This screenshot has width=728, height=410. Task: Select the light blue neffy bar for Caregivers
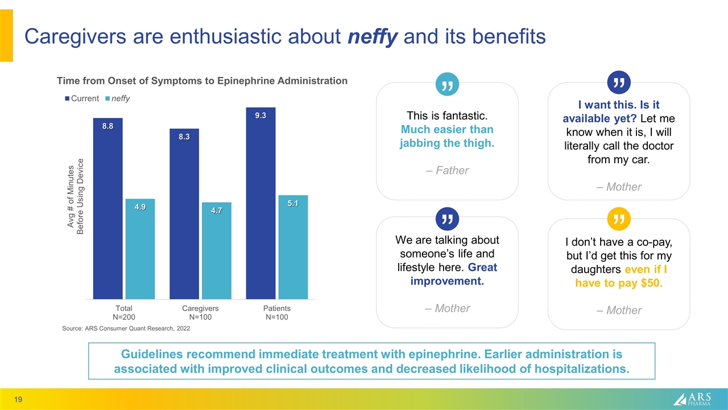coord(216,250)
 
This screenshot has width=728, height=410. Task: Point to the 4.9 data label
coord(140,207)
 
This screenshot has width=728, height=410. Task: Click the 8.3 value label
coord(184,137)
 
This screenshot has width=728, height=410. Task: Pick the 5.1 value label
coord(293,203)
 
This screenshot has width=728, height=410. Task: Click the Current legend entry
coord(82,99)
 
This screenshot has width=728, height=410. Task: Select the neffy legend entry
coord(118,99)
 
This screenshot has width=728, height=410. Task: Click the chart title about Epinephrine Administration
coord(201,81)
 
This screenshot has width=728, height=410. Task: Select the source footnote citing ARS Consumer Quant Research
coord(126,329)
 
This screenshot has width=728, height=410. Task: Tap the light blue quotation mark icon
coord(447,84)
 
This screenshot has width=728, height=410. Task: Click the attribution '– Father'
coord(447,170)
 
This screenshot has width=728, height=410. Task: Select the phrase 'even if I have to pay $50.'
coord(619,276)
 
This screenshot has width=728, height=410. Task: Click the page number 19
coord(19,400)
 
